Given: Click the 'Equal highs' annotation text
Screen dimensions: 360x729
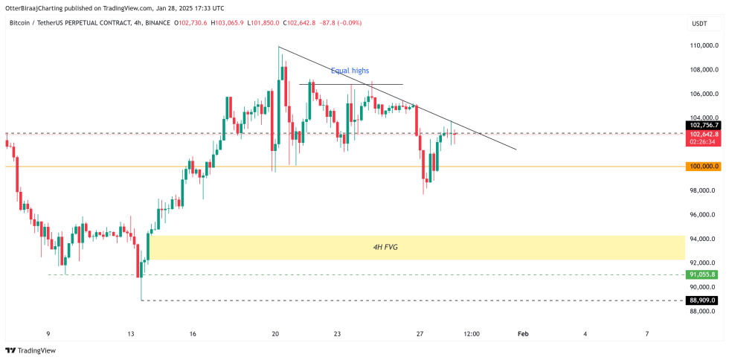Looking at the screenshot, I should [350, 71].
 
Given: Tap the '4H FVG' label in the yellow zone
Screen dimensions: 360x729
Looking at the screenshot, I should [385, 246].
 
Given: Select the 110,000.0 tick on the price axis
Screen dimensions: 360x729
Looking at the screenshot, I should [704, 46].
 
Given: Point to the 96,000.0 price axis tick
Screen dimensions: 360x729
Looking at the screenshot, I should [704, 215].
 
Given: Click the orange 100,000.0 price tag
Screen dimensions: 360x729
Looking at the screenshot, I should [704, 167].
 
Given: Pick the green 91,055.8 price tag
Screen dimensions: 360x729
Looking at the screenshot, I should [704, 274].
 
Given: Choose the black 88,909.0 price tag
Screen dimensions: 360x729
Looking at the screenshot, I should [704, 300].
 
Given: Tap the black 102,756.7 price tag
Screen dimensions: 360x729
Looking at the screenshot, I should [704, 125].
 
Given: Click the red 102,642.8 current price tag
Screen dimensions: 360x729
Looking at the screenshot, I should [704, 133].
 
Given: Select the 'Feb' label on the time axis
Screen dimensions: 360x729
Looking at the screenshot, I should [523, 334].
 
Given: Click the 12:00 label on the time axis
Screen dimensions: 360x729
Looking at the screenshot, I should [471, 334].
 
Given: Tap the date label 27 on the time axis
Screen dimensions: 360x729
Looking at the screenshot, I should [420, 334].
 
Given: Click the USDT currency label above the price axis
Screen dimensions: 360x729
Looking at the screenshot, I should [699, 24].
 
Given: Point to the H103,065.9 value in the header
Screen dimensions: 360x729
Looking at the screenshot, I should [232, 23].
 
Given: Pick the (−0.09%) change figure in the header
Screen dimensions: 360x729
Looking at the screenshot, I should [348, 23].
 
